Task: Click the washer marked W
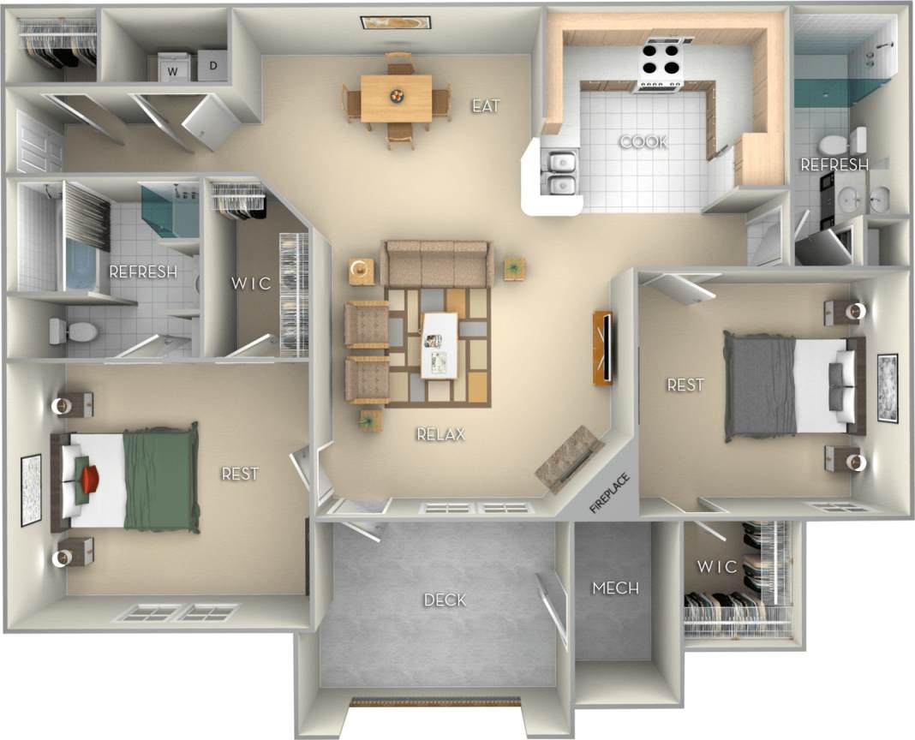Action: pos(172,69)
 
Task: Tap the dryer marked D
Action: pos(213,65)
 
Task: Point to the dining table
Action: pos(396,97)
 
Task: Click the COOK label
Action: pos(643,142)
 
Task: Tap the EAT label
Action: pos(486,106)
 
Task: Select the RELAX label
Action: pos(440,434)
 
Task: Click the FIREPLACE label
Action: pos(609,493)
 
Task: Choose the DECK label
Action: pos(445,600)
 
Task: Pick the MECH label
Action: pos(615,588)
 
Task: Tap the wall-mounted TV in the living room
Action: pos(602,348)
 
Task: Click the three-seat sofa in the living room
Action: pos(436,263)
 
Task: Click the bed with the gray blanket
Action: pos(792,386)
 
